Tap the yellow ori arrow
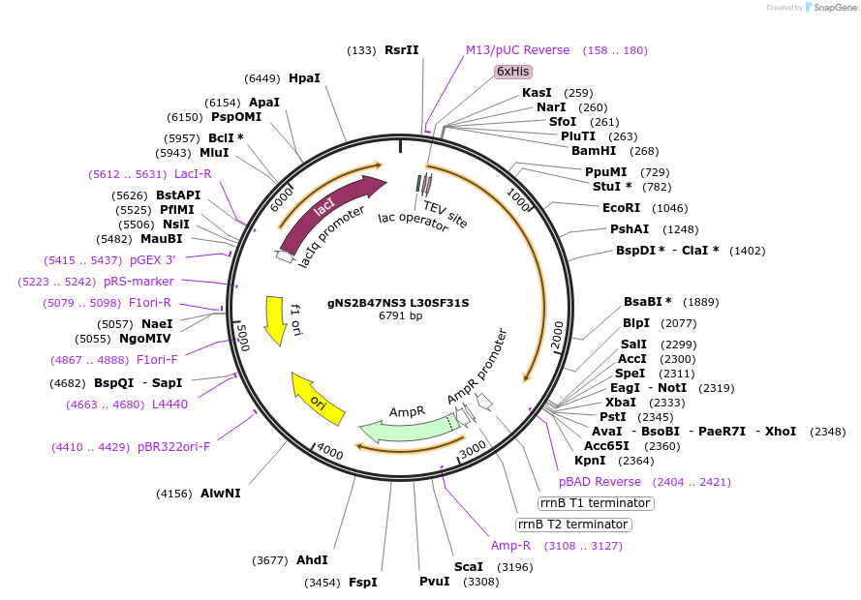pos(319,399)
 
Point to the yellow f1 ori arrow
pos(276,319)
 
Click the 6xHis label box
pos(512,71)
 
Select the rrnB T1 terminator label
pos(596,503)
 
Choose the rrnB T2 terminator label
pos(572,525)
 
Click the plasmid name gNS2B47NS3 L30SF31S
pos(398,302)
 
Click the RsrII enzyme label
pos(401,49)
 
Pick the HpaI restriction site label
pos(304,77)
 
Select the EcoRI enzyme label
pos(621,207)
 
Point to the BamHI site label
pos(594,150)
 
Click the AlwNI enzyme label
pos(220,493)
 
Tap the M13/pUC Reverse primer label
pos(517,49)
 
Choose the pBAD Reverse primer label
pos(600,481)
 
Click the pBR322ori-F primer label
pos(173,446)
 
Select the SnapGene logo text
pos(833,8)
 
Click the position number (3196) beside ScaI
pos(514,566)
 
